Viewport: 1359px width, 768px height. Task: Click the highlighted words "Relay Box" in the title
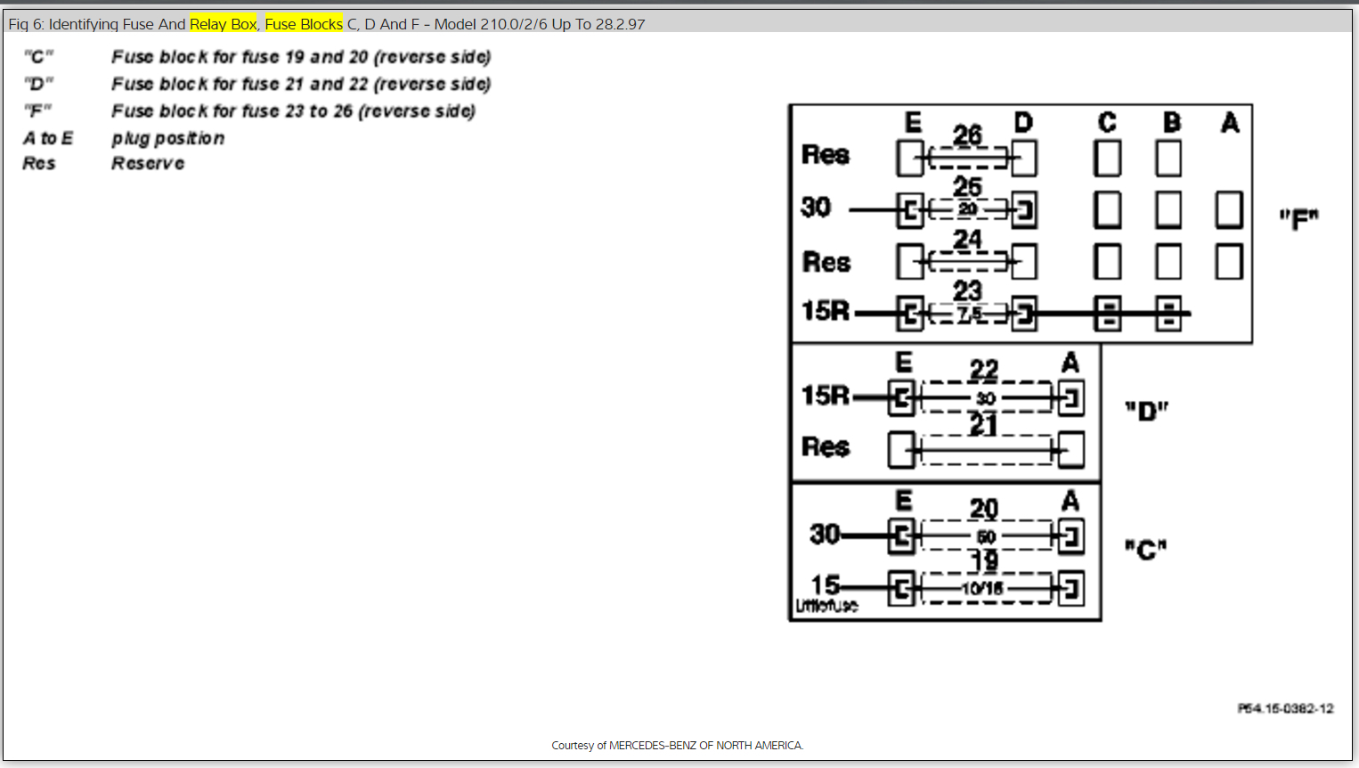pos(223,24)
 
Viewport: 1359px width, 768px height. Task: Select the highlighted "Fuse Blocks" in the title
pos(304,24)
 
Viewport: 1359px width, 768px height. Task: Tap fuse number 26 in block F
pos(967,135)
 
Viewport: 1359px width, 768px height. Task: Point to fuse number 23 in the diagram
pos(967,291)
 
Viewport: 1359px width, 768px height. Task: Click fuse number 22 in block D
pos(984,370)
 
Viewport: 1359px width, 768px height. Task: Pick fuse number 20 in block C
pos(984,509)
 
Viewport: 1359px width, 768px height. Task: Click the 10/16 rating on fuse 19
pos(983,588)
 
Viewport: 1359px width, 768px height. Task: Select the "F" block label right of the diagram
pos(1298,218)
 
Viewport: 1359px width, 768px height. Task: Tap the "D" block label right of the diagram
pos(1146,411)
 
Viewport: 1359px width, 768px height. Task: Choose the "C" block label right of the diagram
pos(1146,550)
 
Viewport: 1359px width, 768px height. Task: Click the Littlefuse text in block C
pos(826,606)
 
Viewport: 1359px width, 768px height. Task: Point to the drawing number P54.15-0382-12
pos(1285,708)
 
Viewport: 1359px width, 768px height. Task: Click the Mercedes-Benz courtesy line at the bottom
pos(677,745)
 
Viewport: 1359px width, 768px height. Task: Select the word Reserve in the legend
pos(148,164)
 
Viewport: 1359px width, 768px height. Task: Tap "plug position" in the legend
pos(167,138)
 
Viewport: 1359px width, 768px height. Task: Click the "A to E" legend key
pos(48,138)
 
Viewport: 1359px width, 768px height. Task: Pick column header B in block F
pos(1172,122)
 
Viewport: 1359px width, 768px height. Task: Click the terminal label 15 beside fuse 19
pos(825,584)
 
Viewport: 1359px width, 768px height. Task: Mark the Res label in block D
pos(826,446)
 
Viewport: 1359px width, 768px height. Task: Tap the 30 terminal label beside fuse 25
pos(816,208)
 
